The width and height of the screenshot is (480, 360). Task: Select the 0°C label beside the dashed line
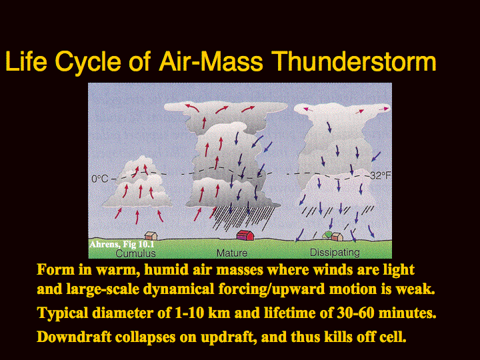click(100, 179)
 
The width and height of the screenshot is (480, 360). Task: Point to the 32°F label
click(381, 175)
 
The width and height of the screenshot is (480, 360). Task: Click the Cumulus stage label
click(135, 253)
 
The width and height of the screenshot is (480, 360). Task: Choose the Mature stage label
click(232, 253)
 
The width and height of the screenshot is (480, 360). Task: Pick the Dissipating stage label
click(335, 253)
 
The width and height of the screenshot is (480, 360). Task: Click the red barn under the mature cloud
click(245, 235)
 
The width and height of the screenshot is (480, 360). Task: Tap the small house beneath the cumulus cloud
click(151, 235)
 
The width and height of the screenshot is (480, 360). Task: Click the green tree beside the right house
click(327, 235)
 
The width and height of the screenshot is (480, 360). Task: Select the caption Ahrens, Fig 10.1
click(122, 244)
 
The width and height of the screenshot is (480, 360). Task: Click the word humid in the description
click(160, 270)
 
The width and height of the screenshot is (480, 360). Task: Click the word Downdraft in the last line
click(74, 337)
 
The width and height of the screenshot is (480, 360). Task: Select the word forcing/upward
click(272, 289)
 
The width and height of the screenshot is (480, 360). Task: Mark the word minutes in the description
click(407, 313)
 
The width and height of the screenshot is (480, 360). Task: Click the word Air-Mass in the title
click(211, 61)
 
